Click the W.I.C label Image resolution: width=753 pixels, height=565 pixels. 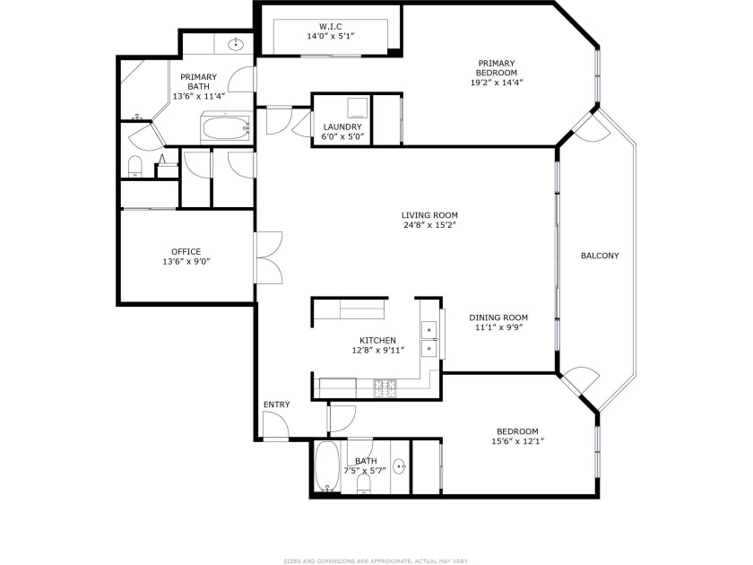[331, 26]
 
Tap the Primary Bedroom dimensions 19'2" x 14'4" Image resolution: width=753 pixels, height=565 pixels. [497, 83]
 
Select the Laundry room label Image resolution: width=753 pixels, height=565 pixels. [342, 126]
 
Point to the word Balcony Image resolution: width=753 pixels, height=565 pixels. [600, 256]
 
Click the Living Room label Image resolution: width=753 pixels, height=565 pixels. [429, 215]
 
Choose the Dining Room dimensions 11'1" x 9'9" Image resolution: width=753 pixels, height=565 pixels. [498, 327]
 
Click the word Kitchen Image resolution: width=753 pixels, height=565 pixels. [378, 341]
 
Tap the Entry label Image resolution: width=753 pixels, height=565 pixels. [277, 404]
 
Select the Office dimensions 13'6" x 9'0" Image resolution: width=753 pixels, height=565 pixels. [186, 262]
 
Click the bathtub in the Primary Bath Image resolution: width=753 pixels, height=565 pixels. [226, 128]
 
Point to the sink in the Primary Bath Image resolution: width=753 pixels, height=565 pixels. [236, 45]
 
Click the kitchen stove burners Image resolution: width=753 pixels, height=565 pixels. [385, 388]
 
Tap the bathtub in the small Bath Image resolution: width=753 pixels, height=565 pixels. [327, 466]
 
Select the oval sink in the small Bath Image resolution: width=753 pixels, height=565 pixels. [400, 466]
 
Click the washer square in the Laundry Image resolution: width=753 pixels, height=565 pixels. [358, 108]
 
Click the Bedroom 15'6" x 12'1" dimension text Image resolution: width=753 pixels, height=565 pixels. [518, 441]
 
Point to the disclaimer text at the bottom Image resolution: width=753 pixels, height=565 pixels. [376, 561]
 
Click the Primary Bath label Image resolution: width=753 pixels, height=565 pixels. [198, 82]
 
